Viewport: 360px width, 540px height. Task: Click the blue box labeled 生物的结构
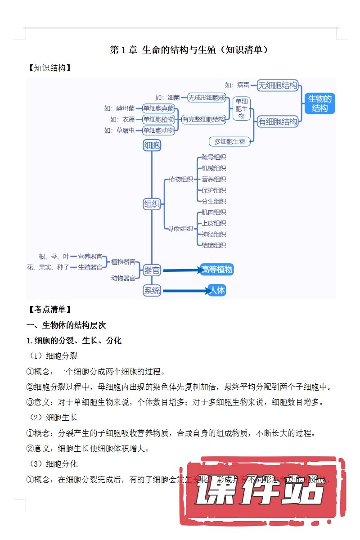(x=319, y=103)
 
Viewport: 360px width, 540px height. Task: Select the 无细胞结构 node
(x=278, y=85)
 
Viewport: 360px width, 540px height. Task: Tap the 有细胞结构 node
(x=278, y=121)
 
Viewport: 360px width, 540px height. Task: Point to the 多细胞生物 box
(x=229, y=141)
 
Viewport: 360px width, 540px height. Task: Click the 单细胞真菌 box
(x=158, y=108)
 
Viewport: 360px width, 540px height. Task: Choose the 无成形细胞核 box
(x=207, y=97)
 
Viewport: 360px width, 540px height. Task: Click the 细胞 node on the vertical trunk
(x=152, y=145)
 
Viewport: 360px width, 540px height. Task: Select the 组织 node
(x=152, y=204)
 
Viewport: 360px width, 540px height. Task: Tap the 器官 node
(x=152, y=270)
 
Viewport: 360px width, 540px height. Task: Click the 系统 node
(x=152, y=291)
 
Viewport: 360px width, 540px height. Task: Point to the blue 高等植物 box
(x=217, y=270)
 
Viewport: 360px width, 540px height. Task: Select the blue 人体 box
(x=217, y=290)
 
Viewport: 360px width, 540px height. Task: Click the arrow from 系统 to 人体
(x=184, y=291)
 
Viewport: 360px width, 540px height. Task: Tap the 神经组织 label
(x=214, y=234)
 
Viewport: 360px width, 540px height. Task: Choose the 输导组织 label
(x=214, y=157)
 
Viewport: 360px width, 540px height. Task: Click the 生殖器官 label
(x=90, y=267)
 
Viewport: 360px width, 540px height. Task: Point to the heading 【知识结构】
(x=49, y=68)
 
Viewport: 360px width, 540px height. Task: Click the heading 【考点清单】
(x=49, y=310)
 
